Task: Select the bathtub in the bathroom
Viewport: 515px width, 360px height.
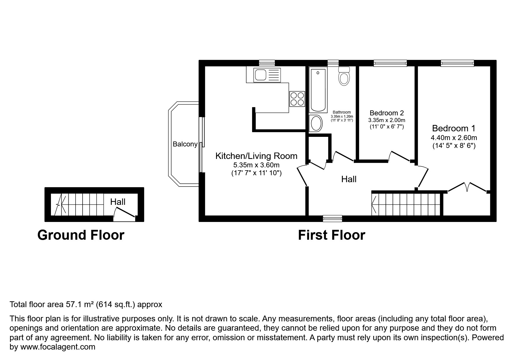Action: [318, 90]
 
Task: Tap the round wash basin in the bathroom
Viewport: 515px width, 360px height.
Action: [316, 123]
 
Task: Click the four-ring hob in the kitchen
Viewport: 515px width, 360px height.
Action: [297, 99]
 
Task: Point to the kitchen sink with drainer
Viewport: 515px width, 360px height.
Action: [263, 75]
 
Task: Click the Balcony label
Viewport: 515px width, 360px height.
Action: [185, 144]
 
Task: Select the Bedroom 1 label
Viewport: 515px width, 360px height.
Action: [453, 128]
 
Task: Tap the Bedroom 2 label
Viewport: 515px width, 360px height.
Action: [386, 113]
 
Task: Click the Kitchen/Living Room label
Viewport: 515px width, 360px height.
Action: [256, 156]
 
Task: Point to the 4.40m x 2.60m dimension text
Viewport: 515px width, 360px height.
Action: [454, 138]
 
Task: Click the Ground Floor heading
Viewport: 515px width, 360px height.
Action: [81, 235]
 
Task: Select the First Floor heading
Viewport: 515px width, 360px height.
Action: [331, 235]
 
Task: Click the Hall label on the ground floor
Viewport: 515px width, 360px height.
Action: [118, 202]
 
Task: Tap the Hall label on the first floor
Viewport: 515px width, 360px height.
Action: [349, 179]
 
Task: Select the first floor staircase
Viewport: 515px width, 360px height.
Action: [407, 204]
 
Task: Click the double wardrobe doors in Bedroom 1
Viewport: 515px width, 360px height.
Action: [467, 187]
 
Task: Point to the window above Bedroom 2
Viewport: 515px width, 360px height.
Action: [390, 63]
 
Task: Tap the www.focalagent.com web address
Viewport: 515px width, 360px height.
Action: [58, 347]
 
